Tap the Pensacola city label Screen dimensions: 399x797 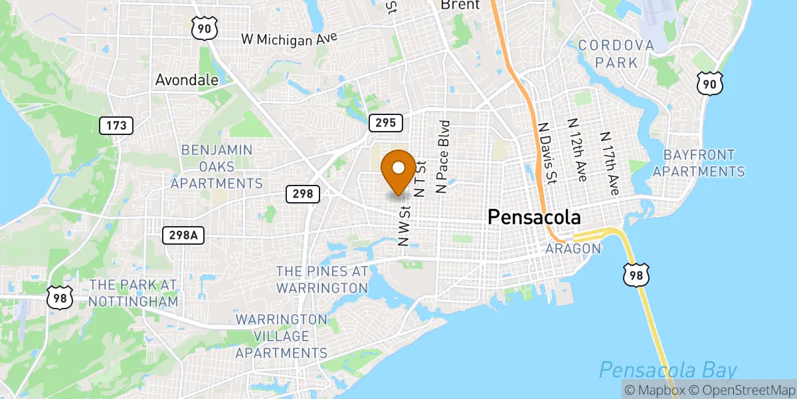534,217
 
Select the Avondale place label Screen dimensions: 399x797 187,80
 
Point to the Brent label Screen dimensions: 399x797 460,5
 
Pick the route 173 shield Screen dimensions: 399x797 116,124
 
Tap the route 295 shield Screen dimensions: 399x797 386,122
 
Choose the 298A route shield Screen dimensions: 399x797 183,235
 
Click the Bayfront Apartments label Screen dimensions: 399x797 698,164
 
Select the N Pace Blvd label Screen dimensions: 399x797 442,157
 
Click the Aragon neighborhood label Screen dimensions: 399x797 573,249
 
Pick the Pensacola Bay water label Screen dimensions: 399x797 668,370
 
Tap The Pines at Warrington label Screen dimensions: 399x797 322,280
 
